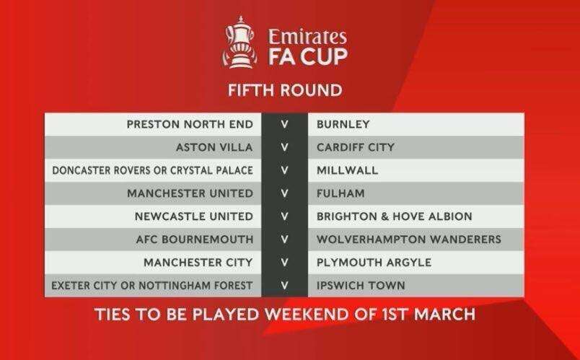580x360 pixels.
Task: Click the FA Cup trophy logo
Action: pyautogui.click(x=240, y=42)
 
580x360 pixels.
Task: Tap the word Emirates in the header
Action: pyautogui.click(x=307, y=36)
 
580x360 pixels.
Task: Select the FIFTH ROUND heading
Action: pyautogui.click(x=285, y=90)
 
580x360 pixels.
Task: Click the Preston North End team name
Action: pyautogui.click(x=190, y=124)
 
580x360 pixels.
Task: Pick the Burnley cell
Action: pyautogui.click(x=343, y=124)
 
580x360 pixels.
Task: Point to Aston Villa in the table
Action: pyautogui.click(x=214, y=147)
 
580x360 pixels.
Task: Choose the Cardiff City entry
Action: pyautogui.click(x=356, y=147)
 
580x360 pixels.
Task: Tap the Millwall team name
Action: pyautogui.click(x=347, y=170)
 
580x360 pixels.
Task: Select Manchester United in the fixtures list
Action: pyautogui.click(x=190, y=193)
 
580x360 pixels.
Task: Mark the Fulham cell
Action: pyautogui.click(x=340, y=193)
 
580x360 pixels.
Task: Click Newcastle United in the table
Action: pyautogui.click(x=194, y=216)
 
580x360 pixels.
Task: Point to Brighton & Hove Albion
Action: pyautogui.click(x=395, y=216)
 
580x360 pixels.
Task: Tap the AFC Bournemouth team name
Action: pyautogui.click(x=195, y=240)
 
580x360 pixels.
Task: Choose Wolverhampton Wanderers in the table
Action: pyautogui.click(x=409, y=240)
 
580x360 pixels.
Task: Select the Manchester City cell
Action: pyautogui.click(x=198, y=263)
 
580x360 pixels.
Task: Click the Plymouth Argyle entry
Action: pyautogui.click(x=374, y=263)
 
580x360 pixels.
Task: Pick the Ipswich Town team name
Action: pyautogui.click(x=361, y=286)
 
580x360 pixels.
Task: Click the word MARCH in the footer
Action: pyautogui.click(x=445, y=314)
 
